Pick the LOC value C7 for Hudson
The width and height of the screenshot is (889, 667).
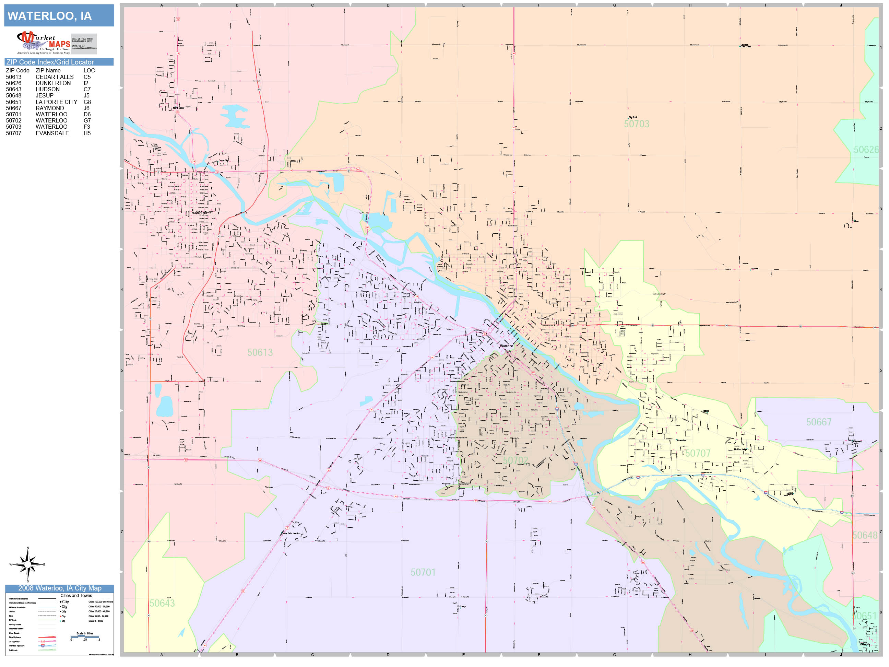coord(87,89)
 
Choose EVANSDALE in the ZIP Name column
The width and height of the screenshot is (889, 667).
coord(52,133)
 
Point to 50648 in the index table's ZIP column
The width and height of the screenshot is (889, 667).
coord(14,96)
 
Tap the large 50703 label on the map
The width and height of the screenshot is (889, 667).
coord(636,124)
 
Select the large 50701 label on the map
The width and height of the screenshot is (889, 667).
coord(423,572)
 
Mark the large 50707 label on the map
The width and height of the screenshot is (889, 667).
coord(698,454)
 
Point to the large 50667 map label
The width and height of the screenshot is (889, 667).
coord(819,422)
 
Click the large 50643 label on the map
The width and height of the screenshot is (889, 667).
coord(162,603)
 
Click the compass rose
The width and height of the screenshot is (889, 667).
coord(28,564)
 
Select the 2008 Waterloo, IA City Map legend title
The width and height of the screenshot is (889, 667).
coord(59,588)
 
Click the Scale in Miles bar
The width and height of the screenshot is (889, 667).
coord(85,637)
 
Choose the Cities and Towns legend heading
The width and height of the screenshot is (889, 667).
coord(76,595)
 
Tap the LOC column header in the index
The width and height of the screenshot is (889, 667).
coord(89,70)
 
